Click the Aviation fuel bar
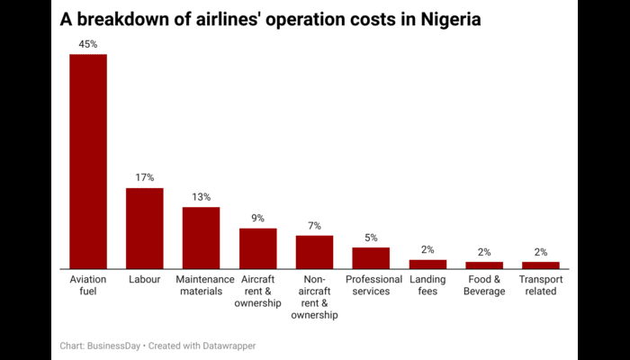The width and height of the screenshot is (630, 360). (x=88, y=161)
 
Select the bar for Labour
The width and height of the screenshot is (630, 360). (x=144, y=228)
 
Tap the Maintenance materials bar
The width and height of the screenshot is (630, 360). (x=201, y=238)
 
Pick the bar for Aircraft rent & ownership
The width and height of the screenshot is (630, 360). (x=257, y=248)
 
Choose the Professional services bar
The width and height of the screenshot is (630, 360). (x=371, y=257)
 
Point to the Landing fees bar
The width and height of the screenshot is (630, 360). (x=427, y=264)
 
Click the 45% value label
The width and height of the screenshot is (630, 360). (x=88, y=42)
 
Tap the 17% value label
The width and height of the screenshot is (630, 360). (x=144, y=176)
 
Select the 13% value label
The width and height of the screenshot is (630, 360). (x=201, y=196)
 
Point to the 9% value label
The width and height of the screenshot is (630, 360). (x=257, y=217)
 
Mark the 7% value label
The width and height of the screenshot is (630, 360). (x=314, y=225)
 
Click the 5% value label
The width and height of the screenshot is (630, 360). (x=371, y=237)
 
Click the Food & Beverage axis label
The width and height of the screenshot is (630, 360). (x=484, y=285)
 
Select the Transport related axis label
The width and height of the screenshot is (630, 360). (x=541, y=285)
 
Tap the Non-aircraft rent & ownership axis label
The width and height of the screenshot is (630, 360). (x=314, y=297)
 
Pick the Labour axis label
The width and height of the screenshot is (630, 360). (x=144, y=279)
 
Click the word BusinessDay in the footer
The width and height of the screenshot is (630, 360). (x=112, y=345)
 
